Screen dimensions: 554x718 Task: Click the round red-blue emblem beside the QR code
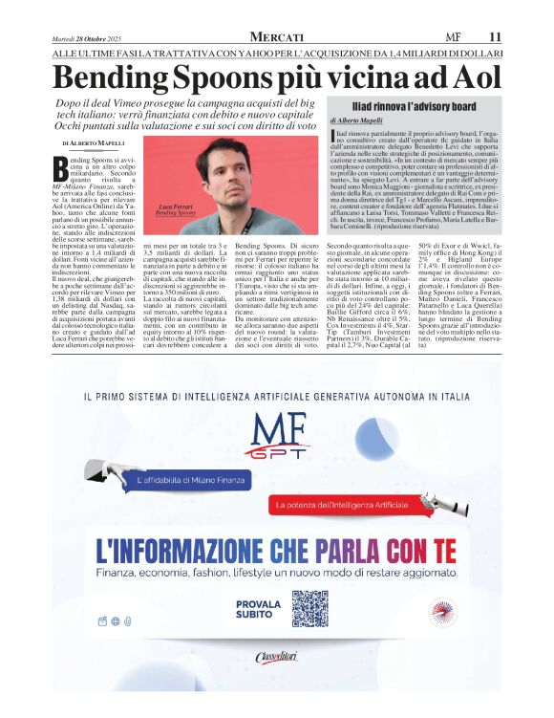coord(440,610)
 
